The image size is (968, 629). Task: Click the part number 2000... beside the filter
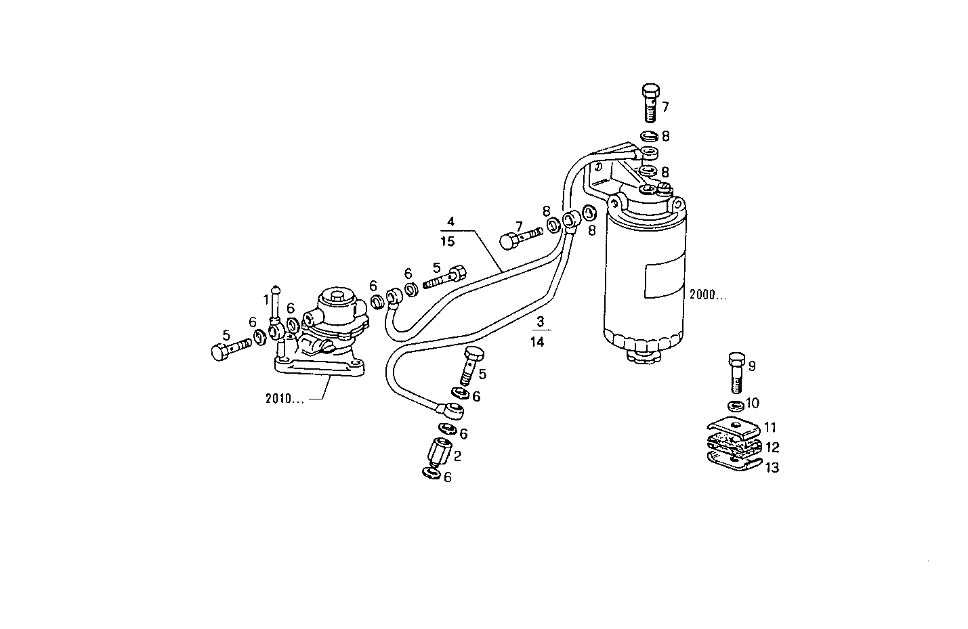708,295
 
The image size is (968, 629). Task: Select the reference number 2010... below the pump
284,399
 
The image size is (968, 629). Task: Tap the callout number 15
447,241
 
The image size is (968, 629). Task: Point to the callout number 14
537,342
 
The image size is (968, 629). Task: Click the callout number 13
772,467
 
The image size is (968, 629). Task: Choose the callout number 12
772,448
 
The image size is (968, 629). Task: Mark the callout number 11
770,428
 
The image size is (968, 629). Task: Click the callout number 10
752,404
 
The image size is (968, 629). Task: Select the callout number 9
751,366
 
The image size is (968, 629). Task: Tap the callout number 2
457,456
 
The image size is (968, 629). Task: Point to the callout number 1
266,299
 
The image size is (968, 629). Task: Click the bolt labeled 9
736,372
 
